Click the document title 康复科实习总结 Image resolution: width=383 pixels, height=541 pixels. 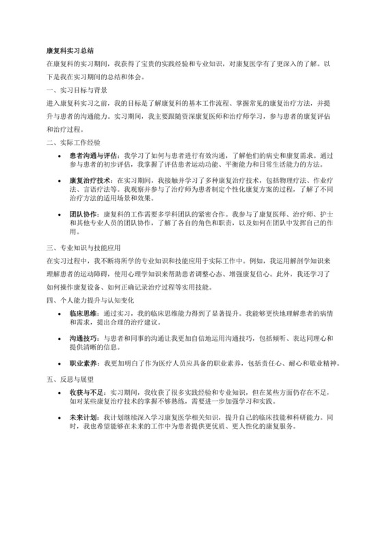(70, 51)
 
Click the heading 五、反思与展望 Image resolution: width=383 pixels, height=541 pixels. (70, 377)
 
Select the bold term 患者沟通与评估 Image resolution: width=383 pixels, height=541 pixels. (92, 156)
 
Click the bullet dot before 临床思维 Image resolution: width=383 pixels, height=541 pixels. (62, 312)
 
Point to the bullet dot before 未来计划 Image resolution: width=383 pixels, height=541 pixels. (62, 417)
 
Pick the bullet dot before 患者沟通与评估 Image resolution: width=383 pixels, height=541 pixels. (62, 156)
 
